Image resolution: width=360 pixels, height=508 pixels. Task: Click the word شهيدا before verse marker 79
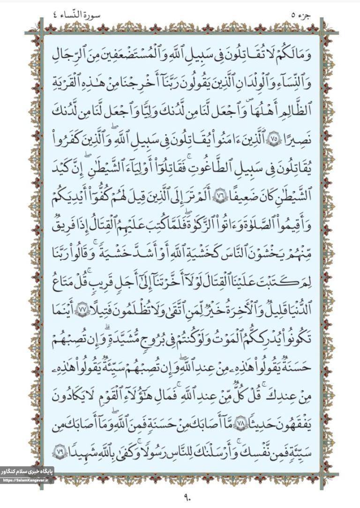point(84,448)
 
